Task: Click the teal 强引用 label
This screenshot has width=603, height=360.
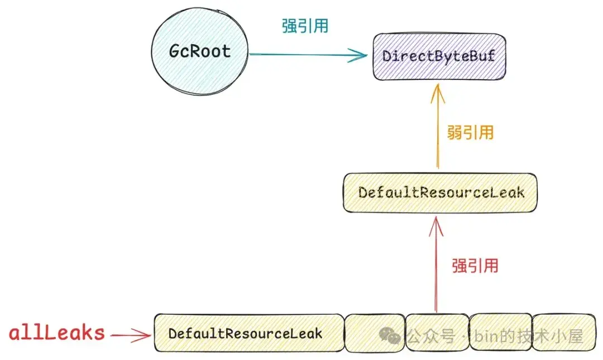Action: (x=305, y=26)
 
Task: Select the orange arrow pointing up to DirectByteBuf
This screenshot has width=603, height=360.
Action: (x=438, y=128)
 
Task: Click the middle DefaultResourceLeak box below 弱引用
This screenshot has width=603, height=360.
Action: (x=441, y=193)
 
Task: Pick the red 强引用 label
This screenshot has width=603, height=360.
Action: (x=475, y=265)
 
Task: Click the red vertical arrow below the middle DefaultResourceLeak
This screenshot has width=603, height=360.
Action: (x=436, y=268)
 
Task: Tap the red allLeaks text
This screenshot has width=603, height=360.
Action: (x=56, y=333)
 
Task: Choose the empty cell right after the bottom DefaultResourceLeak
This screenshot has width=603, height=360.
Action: (x=374, y=333)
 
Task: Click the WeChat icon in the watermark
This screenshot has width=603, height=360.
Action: (x=390, y=335)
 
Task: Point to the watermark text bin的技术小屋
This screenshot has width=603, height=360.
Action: (x=528, y=336)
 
